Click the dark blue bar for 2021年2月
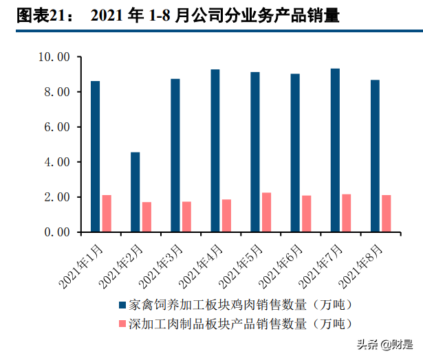click(135, 192)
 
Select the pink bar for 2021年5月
click(266, 212)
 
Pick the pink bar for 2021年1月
click(107, 214)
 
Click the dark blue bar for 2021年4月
click(215, 150)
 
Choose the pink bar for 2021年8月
click(386, 214)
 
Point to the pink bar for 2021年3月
click(186, 216)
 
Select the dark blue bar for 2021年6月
click(295, 153)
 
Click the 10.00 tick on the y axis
click(54, 57)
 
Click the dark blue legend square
click(122, 304)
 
